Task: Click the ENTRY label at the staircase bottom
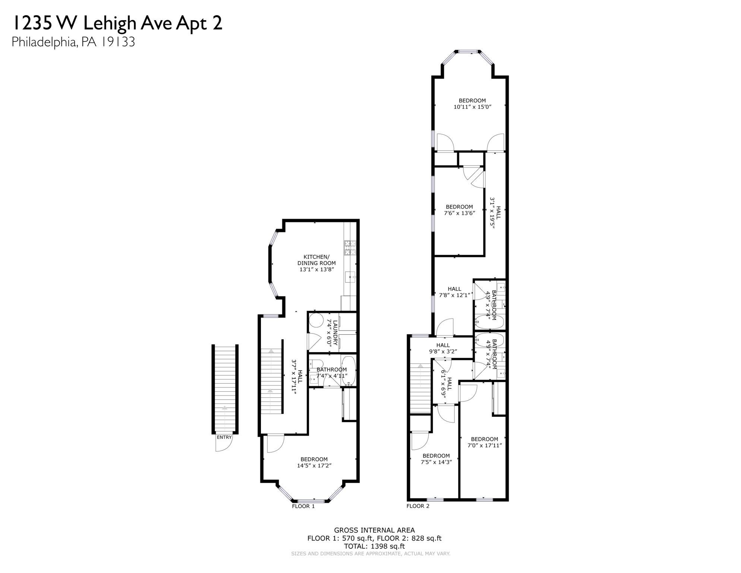(x=224, y=437)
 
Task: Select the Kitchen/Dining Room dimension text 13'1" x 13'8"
(x=316, y=269)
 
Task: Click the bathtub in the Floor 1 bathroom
(x=349, y=371)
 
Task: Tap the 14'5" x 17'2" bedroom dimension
(x=314, y=466)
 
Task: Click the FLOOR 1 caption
(x=303, y=506)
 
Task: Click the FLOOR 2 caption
(x=417, y=506)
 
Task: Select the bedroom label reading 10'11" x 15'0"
(x=472, y=107)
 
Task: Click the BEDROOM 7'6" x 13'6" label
(x=459, y=210)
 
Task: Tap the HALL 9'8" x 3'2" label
(x=443, y=348)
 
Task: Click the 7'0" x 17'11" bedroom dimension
(x=485, y=445)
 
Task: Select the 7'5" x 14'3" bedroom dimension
(x=436, y=462)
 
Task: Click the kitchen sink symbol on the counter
(x=350, y=278)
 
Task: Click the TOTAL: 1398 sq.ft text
(x=374, y=546)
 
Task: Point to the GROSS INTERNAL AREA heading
(x=374, y=530)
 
